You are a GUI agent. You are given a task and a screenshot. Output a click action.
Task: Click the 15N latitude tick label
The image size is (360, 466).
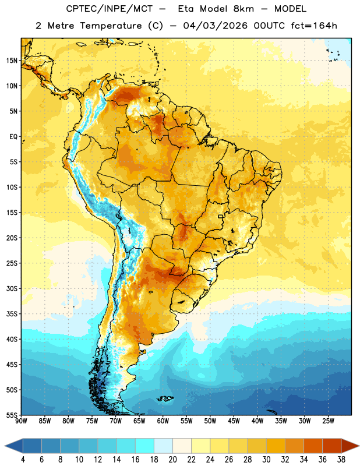coord(12,61)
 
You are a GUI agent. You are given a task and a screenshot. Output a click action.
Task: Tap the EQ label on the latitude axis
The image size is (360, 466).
coord(13,137)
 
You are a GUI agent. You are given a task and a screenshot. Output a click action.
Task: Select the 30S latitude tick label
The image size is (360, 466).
coord(12,288)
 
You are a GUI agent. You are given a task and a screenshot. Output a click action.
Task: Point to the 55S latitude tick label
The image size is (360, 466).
coord(12,415)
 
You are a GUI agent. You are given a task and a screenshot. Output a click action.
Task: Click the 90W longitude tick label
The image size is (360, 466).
coord(21,421)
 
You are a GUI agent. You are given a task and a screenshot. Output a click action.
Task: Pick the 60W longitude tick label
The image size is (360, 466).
coord(163,421)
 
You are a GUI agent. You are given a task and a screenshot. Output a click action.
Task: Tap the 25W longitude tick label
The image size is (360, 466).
coord(328,421)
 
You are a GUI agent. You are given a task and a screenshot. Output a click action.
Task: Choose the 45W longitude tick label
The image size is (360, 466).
coord(234,421)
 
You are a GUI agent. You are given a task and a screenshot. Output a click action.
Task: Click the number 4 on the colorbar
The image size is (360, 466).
coord(23,460)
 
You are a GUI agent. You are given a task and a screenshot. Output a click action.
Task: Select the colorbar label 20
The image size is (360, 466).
coord(172,460)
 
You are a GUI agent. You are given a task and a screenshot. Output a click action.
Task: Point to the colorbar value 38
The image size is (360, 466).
coord(341,460)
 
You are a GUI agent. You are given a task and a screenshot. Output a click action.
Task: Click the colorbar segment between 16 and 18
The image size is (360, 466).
coord(145,446)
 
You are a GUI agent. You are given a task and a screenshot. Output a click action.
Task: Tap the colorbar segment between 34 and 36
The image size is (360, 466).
coord(313,446)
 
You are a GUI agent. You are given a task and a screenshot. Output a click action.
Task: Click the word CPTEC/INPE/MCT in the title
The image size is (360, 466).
coord(109,9)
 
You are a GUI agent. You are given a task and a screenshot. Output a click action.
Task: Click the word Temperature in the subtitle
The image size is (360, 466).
coord(111,26)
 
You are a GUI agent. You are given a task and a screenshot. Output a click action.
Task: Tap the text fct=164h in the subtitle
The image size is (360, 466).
coord(314,26)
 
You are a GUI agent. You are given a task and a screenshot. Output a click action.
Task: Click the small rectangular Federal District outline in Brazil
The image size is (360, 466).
coord(221,216)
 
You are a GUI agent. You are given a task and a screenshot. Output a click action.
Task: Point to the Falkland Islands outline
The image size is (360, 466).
coord(165,398)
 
